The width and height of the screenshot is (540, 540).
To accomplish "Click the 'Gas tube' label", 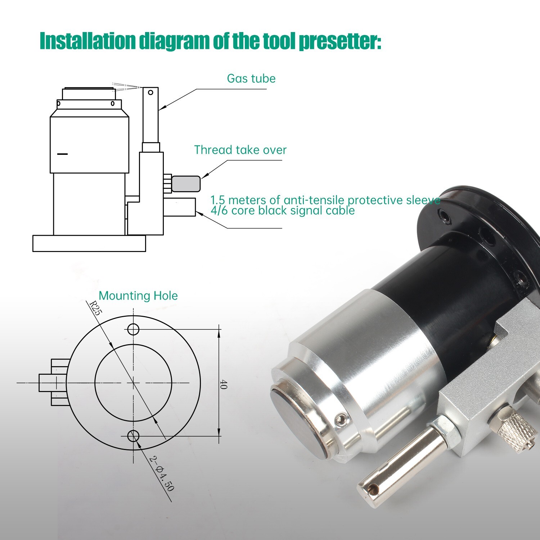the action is coord(251,78).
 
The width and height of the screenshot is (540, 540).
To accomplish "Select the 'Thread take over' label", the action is coord(240,150).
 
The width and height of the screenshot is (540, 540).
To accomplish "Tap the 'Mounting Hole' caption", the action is coord(138,296).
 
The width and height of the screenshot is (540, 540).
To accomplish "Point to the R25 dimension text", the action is coord(95,308).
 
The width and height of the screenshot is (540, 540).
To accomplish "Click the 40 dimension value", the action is coord(223,384).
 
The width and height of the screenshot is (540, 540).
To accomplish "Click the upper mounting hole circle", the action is coord(133,329).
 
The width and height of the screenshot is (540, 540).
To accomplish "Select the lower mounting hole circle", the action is coord(133,436).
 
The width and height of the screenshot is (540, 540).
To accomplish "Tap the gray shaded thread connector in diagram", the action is coord(186,184).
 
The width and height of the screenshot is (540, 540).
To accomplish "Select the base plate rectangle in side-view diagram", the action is coord(89,243).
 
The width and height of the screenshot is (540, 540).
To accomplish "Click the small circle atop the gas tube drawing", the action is coord(150,93).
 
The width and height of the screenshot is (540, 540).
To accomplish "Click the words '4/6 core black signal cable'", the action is coord(283,210).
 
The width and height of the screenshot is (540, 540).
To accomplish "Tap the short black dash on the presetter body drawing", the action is coord(63,154).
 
